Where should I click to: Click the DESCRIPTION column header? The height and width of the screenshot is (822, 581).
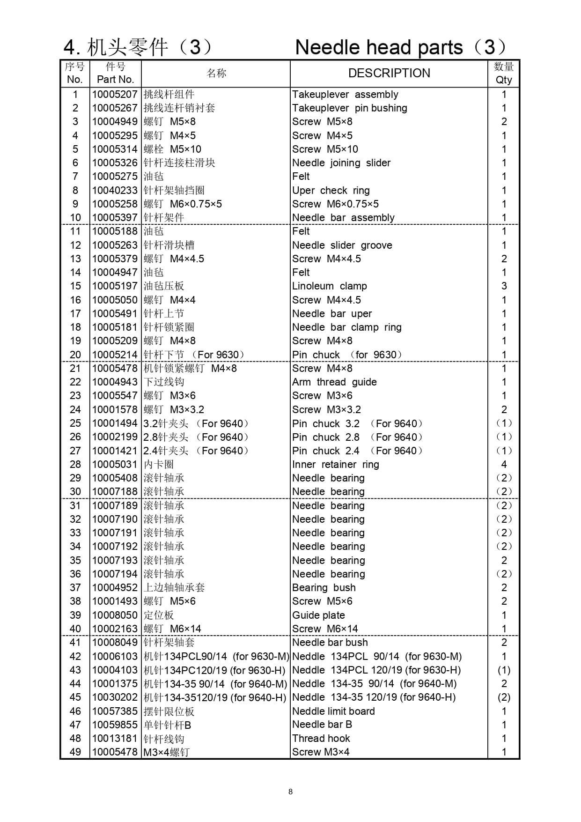coord(389,73)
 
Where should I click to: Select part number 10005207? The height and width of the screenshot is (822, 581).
coord(115,94)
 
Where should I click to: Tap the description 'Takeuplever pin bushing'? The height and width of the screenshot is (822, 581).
coord(349,108)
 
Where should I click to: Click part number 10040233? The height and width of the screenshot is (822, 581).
coord(115,191)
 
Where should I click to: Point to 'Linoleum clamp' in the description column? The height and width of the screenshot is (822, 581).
coord(329,286)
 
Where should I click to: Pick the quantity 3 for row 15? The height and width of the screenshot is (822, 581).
coord(504,286)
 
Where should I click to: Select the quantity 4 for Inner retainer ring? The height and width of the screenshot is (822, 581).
coord(504,465)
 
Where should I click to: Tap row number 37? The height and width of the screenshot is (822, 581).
coord(75,588)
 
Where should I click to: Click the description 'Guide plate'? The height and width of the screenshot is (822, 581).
coord(318,615)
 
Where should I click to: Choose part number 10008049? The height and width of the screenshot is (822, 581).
coord(115,643)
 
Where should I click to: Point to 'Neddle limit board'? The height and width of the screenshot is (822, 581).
coord(333,711)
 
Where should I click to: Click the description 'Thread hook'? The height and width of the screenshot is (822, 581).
coord(321,739)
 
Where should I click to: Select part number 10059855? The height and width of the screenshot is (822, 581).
coord(115,725)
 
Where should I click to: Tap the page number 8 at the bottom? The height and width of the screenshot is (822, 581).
coord(290,792)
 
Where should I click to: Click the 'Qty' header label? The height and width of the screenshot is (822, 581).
coord(504,80)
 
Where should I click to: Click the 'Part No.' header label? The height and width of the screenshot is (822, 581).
coord(115,80)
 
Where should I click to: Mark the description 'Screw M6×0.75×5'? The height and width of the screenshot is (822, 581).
coord(335,204)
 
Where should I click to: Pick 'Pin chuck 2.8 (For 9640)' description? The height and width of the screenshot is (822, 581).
coord(357,437)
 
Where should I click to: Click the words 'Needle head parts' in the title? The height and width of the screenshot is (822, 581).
coord(379,47)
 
